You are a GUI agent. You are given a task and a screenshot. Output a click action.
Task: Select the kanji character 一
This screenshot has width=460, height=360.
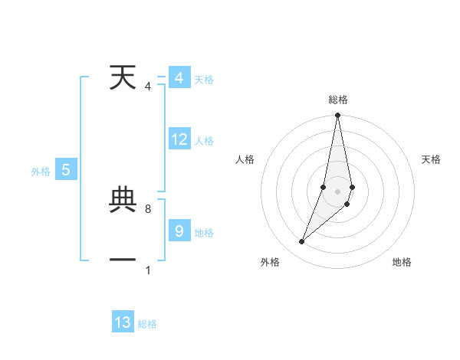123,260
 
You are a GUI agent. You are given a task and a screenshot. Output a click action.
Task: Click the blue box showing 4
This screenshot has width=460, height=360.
179,78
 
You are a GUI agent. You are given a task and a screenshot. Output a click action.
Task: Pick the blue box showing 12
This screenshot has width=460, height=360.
179,139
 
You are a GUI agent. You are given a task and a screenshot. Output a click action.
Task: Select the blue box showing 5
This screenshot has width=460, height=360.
66,171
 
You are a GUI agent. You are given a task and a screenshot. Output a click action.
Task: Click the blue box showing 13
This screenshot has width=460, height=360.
123,322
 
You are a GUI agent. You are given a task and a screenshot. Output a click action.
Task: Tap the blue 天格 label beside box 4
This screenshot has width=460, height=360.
204,80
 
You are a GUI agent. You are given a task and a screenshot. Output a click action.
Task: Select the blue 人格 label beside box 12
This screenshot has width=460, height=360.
204,141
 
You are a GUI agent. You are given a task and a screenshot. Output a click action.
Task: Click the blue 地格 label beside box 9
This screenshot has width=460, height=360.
204,233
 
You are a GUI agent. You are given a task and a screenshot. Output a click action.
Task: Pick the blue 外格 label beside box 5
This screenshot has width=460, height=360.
41,172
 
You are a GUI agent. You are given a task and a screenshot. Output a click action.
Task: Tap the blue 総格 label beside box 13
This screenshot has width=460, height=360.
147,325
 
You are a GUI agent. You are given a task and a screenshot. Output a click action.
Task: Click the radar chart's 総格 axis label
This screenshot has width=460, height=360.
338,100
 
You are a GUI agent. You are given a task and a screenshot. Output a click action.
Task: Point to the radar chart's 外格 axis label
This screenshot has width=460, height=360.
270,262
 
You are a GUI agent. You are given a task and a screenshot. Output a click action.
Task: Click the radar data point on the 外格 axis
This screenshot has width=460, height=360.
302,242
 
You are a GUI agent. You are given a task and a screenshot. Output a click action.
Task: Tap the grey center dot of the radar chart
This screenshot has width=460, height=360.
338,191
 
